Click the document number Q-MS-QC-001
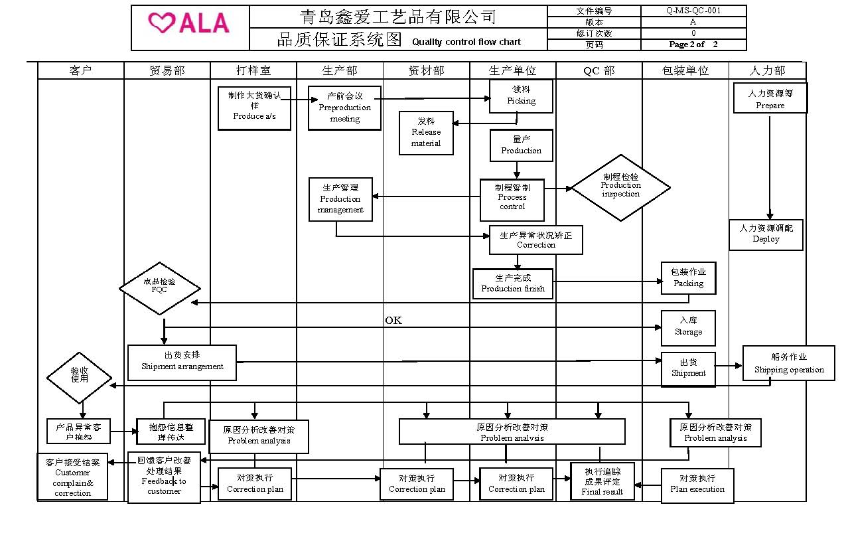tap(693, 11)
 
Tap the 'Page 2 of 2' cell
tap(693, 44)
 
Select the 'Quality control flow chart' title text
tap(466, 42)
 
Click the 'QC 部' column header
tap(599, 70)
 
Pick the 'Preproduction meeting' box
tap(344, 108)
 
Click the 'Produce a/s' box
tap(254, 108)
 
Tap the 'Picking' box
tap(521, 96)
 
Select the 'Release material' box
tap(426, 133)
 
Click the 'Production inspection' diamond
tap(620, 188)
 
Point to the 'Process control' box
tap(512, 200)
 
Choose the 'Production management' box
tap(340, 199)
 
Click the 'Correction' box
tap(535, 240)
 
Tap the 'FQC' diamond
tap(159, 288)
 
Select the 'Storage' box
tap(688, 328)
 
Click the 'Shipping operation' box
tap(788, 363)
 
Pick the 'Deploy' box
tap(766, 235)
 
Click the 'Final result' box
tap(602, 481)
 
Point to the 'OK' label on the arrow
tap(393, 321)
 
